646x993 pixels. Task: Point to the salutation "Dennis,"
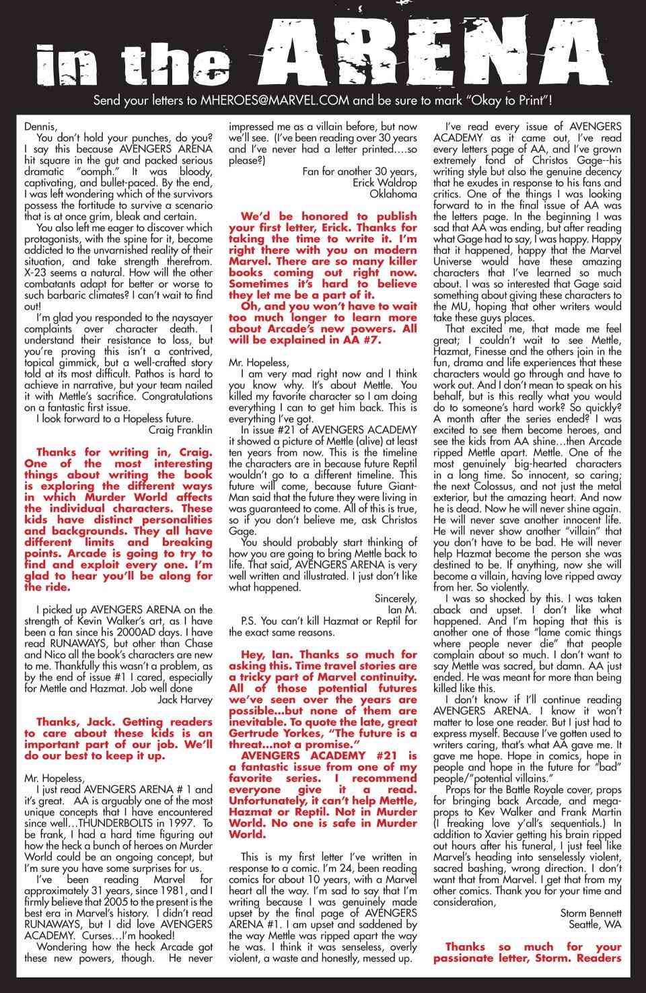pyautogui.click(x=40, y=126)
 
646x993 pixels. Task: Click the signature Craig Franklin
pyautogui.click(x=180, y=430)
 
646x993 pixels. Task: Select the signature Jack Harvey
pyautogui.click(x=184, y=699)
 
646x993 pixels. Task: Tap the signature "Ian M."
pyautogui.click(x=400, y=609)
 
